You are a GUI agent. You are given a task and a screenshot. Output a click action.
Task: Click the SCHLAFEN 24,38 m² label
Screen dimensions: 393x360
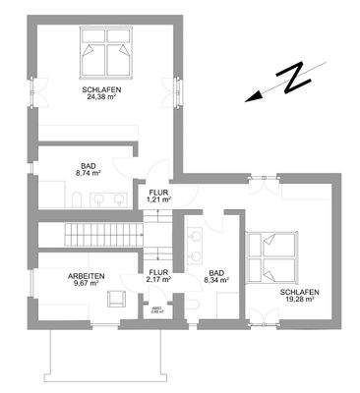point(101,92)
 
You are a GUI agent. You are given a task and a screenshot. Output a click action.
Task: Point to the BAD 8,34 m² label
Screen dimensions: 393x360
point(215,276)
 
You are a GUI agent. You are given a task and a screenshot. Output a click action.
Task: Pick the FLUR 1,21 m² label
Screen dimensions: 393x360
point(157,196)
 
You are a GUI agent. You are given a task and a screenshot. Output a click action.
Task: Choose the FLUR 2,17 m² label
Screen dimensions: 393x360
point(157,276)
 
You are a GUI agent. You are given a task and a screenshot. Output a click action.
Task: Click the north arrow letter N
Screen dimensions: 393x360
point(291,80)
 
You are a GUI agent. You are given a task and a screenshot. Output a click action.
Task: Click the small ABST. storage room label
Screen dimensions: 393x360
point(157,311)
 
